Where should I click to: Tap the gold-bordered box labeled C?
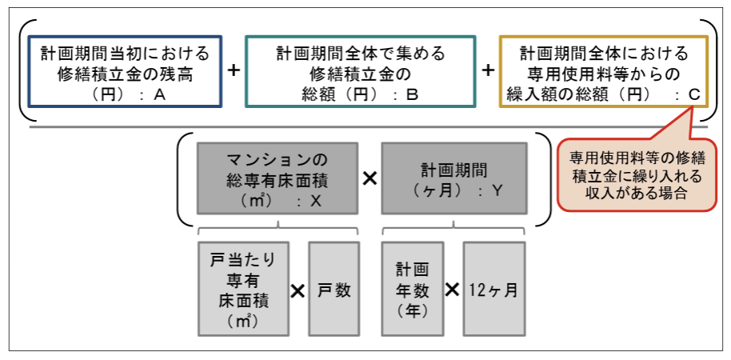[x=603, y=71]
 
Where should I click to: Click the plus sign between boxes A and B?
[x=234, y=70]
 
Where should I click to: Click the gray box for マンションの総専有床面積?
[x=278, y=178]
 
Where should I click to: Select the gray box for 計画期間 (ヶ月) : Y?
[x=453, y=178]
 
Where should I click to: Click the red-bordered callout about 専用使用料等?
[x=626, y=175]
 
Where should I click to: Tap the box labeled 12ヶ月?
[x=493, y=290]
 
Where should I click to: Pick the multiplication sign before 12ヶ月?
[x=453, y=290]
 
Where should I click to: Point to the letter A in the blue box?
[x=159, y=94]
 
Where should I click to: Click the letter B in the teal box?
[x=413, y=94]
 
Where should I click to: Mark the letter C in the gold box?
[x=694, y=95]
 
